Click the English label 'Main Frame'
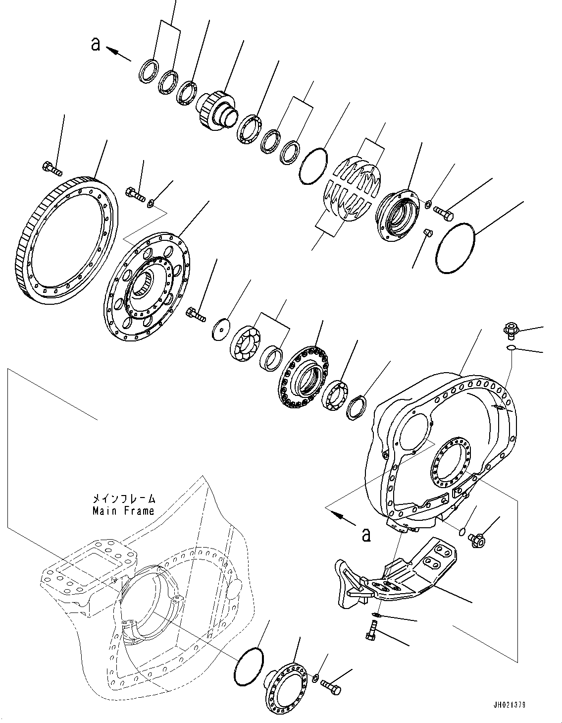click(123, 511)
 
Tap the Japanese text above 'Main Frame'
click(123, 499)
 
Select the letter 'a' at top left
click(96, 44)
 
